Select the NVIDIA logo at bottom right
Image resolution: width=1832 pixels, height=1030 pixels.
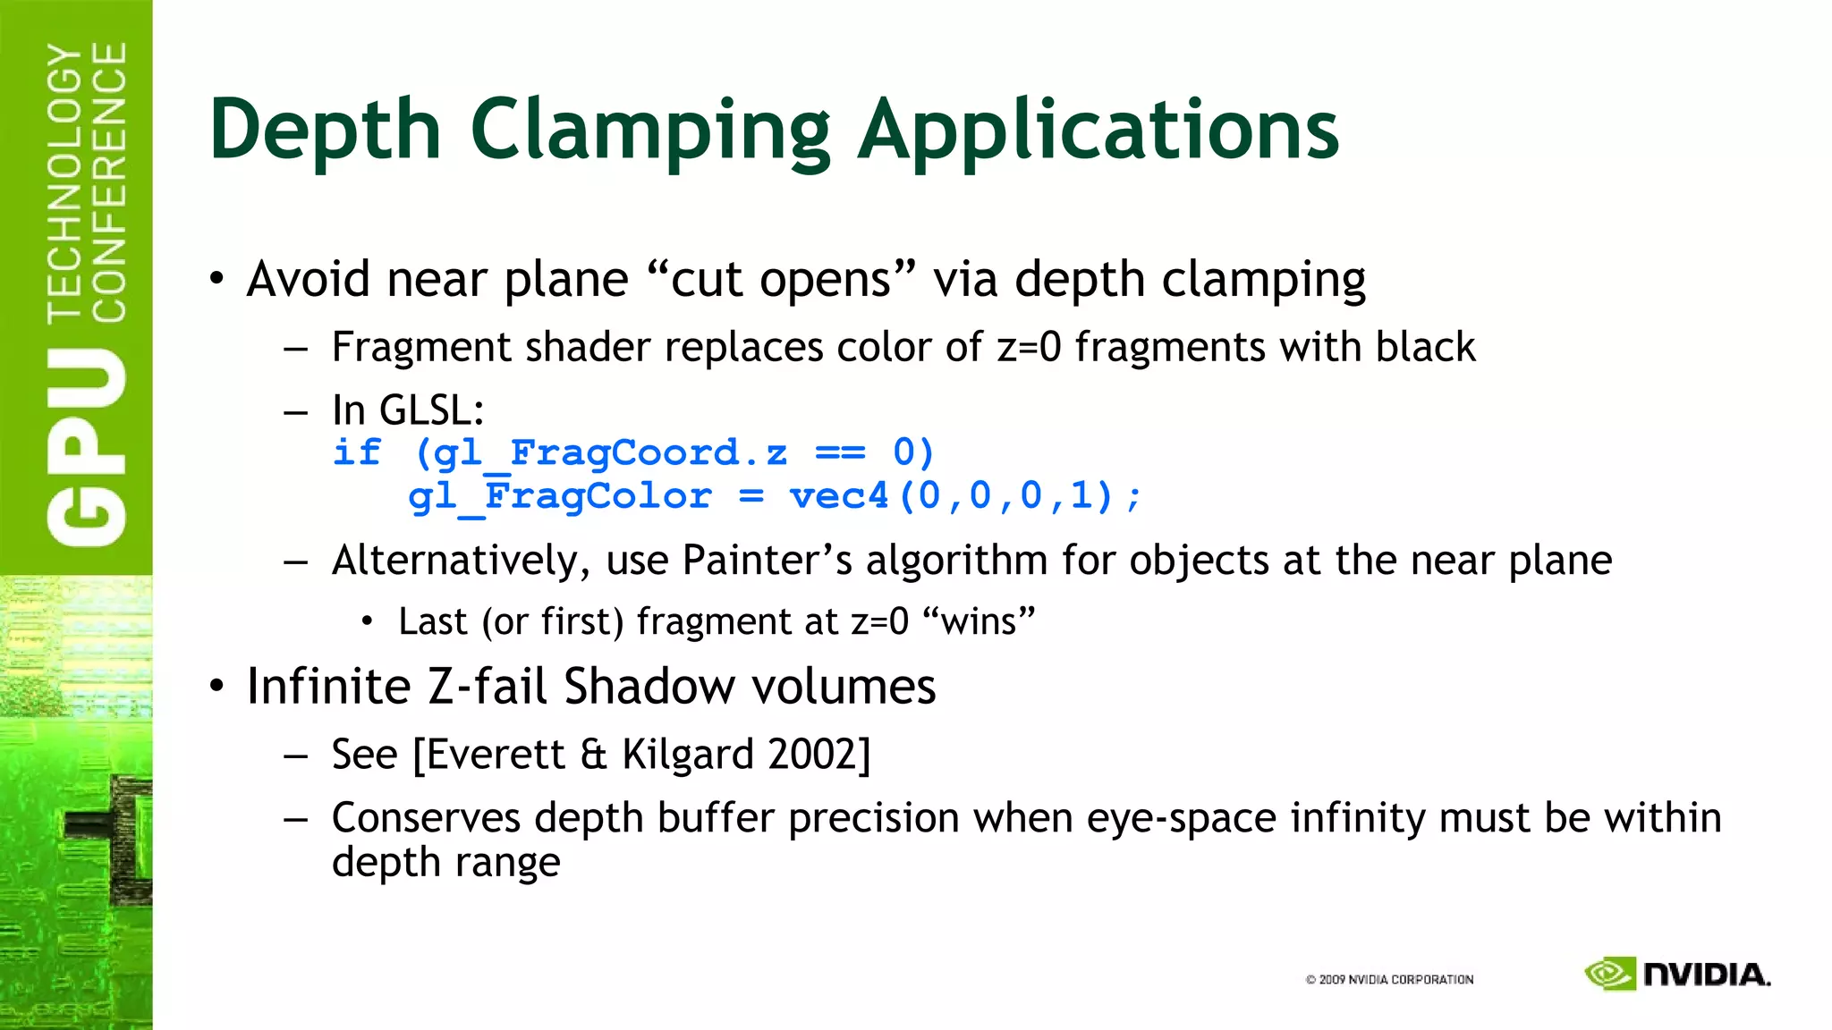point(1677,974)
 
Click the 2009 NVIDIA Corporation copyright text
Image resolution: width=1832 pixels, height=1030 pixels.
point(1389,980)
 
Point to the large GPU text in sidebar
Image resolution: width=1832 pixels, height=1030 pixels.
point(87,447)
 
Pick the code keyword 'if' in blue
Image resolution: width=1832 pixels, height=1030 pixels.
point(356,452)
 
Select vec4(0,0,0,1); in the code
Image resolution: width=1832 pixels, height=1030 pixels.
point(965,496)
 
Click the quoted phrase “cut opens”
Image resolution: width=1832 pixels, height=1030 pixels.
point(780,279)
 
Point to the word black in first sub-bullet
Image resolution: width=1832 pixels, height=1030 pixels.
point(1425,347)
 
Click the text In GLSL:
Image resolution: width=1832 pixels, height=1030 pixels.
point(408,411)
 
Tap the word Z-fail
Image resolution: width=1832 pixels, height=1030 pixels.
point(487,687)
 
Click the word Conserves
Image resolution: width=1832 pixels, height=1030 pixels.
point(426,818)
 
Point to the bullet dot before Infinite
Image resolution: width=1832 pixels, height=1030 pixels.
point(217,687)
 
